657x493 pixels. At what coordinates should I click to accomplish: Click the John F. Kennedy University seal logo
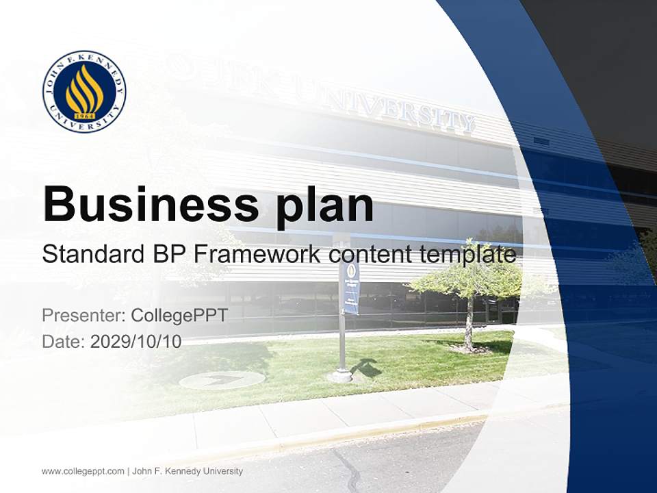[84, 91]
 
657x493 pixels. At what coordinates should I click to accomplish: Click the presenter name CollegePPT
[179, 316]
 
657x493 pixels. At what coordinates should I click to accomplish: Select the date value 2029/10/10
[136, 342]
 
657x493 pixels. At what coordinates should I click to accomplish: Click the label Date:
[63, 342]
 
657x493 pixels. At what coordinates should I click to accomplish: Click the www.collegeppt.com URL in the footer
[83, 471]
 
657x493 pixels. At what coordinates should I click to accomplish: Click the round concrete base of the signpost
[340, 375]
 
